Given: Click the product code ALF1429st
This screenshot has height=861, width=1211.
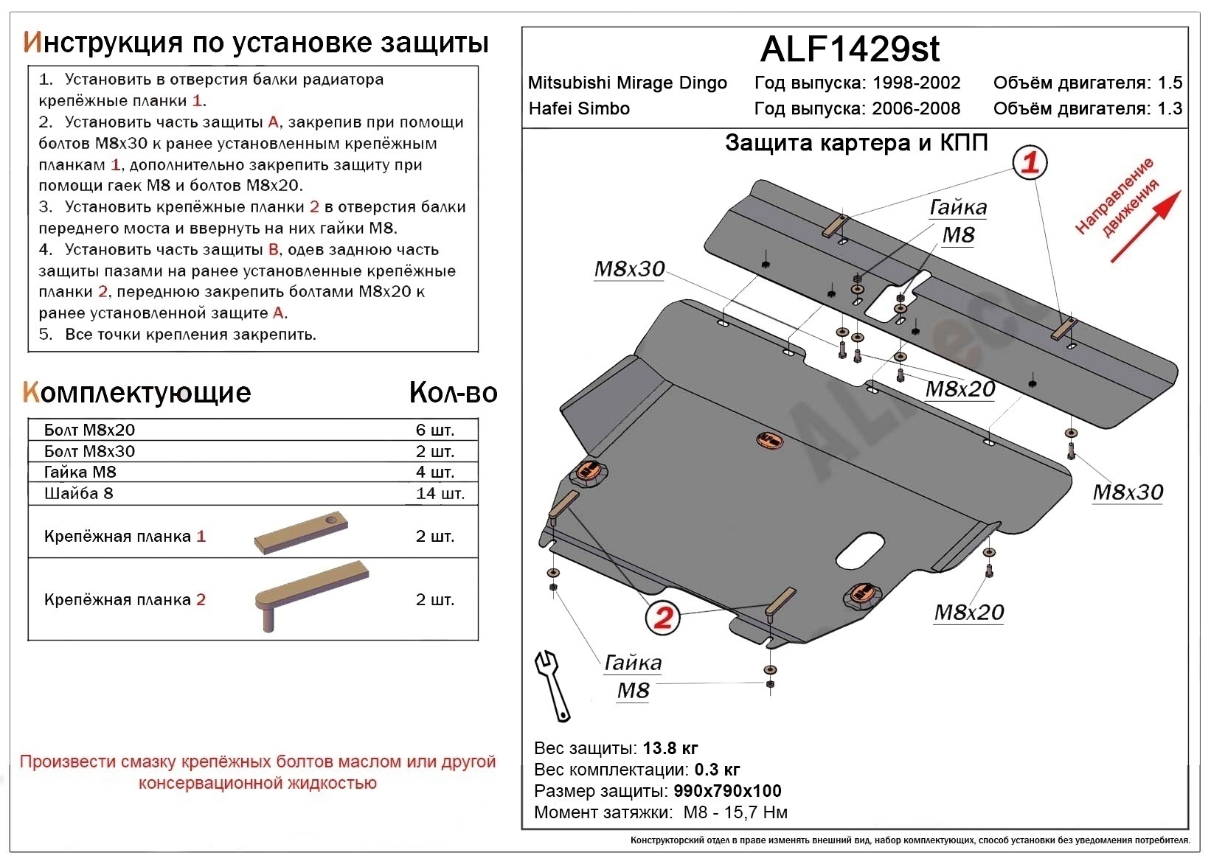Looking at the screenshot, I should [850, 49].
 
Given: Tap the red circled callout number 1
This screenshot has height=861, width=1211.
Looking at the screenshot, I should [1030, 161].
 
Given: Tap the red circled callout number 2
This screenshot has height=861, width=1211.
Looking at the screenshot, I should [662, 617].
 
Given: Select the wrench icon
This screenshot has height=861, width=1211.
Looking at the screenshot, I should [552, 685].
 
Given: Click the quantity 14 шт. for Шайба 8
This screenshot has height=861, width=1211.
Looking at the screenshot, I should [440, 493].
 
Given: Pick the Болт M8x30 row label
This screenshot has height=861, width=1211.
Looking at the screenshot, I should [89, 451].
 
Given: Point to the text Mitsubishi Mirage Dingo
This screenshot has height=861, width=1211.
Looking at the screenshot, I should [628, 83].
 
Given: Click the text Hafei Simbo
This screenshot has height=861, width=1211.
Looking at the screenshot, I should [579, 109].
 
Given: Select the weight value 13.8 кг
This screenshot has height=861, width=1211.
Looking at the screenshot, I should [670, 749].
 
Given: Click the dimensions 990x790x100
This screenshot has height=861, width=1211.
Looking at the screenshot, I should [727, 792].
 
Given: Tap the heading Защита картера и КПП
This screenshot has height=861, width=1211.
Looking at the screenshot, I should [856, 142].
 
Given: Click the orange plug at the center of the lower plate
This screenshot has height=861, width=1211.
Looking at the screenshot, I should [769, 440].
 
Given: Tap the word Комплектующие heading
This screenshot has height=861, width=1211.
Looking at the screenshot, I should [137, 393].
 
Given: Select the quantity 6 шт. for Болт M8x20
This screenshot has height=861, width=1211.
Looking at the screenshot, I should [435, 430].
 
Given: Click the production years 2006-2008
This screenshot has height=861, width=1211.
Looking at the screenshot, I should [916, 109].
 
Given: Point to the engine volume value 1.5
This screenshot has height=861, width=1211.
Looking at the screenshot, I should [1170, 83].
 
